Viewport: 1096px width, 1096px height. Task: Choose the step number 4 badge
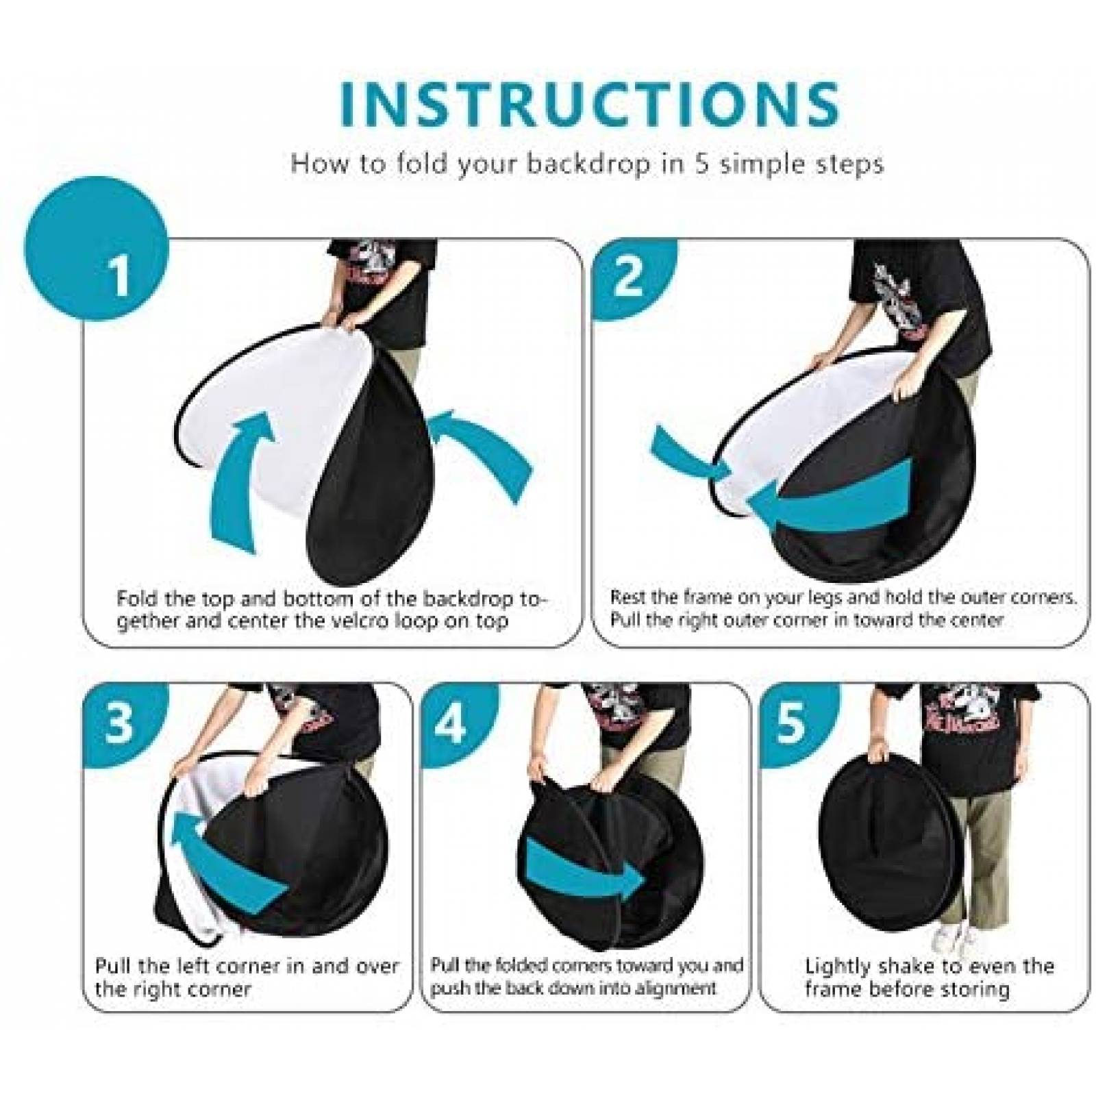(453, 721)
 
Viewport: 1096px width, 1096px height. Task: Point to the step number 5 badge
(790, 720)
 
